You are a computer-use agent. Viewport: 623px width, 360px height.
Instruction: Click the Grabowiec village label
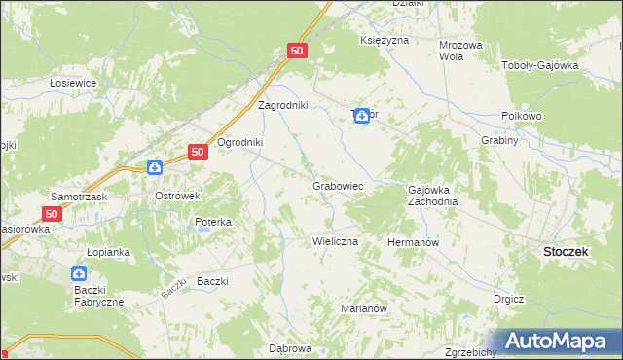point(338,184)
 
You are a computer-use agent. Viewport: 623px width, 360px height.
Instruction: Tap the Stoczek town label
point(564,250)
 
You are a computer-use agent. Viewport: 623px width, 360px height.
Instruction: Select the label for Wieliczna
point(335,240)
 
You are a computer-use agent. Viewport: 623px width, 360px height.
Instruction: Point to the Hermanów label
point(414,241)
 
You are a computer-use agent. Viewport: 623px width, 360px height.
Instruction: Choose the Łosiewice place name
point(73,83)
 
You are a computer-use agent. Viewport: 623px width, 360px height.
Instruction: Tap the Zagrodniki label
point(282,105)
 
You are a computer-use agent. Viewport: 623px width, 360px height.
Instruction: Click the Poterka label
point(212,222)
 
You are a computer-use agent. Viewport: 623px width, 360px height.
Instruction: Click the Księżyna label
point(384,41)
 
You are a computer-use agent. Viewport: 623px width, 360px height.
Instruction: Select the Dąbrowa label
point(289,347)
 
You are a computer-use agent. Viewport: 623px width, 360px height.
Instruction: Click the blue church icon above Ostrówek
point(154,167)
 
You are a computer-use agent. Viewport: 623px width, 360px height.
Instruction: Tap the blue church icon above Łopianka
point(79,275)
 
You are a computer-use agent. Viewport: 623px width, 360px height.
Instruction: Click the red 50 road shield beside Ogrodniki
point(198,152)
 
